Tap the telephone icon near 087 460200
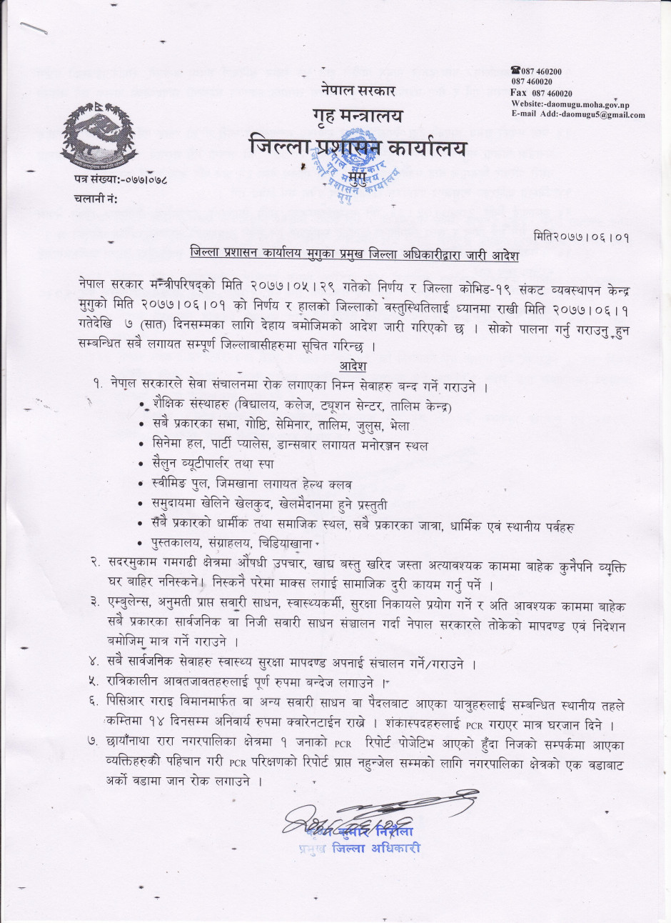click(x=515, y=71)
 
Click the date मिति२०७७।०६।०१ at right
click(x=582, y=236)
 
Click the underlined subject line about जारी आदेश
click(x=354, y=255)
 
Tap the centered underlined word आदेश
click(x=353, y=366)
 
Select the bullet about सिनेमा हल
click(x=290, y=444)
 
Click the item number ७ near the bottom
click(x=93, y=742)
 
